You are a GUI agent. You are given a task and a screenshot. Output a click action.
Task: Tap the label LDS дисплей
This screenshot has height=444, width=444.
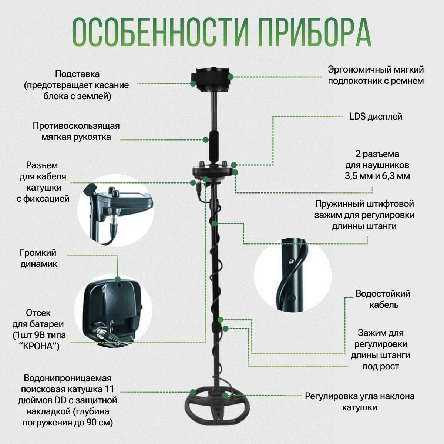(x=376, y=117)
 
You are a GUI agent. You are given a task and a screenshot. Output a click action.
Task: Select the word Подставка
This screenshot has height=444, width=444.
(x=77, y=74)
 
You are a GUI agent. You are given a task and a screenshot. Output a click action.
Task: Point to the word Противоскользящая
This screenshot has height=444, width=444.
(x=76, y=126)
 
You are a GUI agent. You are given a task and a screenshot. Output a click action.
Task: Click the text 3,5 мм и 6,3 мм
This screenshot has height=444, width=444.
(x=377, y=176)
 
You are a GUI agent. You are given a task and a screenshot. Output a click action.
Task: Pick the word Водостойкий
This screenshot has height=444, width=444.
(x=383, y=294)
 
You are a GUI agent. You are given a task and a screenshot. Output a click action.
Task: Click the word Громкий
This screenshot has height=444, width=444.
(x=38, y=253)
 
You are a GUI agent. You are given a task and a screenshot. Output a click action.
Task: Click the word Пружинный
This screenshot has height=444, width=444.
(x=336, y=204)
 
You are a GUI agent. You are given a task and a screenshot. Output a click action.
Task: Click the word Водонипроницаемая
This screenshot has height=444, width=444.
(x=68, y=379)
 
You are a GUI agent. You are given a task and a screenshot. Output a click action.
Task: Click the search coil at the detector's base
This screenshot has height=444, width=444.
(x=217, y=409)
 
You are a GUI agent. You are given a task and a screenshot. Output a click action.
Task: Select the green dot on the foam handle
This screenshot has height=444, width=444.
(x=205, y=139)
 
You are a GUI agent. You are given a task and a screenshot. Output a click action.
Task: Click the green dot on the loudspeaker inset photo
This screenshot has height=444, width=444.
(x=118, y=279)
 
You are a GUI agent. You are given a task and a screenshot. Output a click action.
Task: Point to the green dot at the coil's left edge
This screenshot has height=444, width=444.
(x=193, y=392)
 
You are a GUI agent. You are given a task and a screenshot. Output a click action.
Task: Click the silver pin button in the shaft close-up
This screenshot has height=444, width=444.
(x=291, y=261)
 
